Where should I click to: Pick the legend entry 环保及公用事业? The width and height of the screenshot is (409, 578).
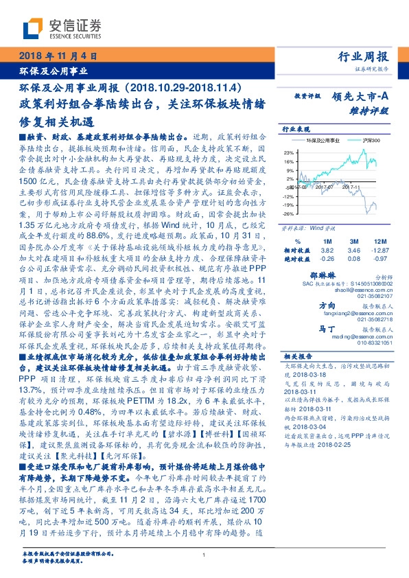pos(318,139)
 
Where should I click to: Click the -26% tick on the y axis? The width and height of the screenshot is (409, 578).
pos(289,213)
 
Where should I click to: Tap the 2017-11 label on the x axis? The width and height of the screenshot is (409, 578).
pos(351,185)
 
